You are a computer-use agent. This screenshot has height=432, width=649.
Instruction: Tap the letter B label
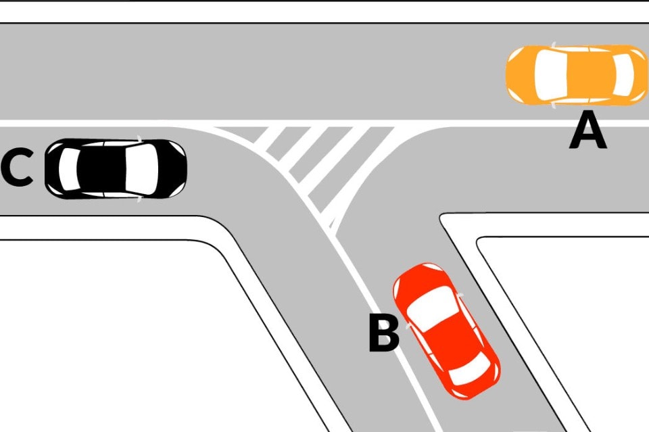(x=384, y=333)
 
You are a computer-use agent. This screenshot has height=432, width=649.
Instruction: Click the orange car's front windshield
(x=550, y=75)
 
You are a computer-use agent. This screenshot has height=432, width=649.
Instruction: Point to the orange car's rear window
(x=623, y=75)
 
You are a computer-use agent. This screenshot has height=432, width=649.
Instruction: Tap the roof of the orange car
(x=590, y=75)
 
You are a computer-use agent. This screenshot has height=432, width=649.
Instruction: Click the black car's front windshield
(x=141, y=169)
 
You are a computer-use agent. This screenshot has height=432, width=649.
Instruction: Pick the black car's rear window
(x=69, y=169)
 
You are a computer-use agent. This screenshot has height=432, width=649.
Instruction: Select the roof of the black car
(x=101, y=169)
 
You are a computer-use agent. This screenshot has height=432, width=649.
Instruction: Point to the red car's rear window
(x=471, y=368)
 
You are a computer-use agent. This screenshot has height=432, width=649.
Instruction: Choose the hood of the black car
(x=172, y=169)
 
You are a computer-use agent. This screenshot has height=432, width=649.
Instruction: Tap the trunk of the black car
(x=52, y=169)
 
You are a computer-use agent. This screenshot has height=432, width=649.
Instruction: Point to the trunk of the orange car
(x=640, y=75)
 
